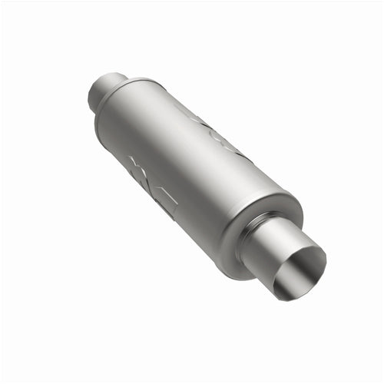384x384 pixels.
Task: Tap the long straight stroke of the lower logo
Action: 165,201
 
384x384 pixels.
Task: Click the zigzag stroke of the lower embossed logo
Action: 142,173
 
